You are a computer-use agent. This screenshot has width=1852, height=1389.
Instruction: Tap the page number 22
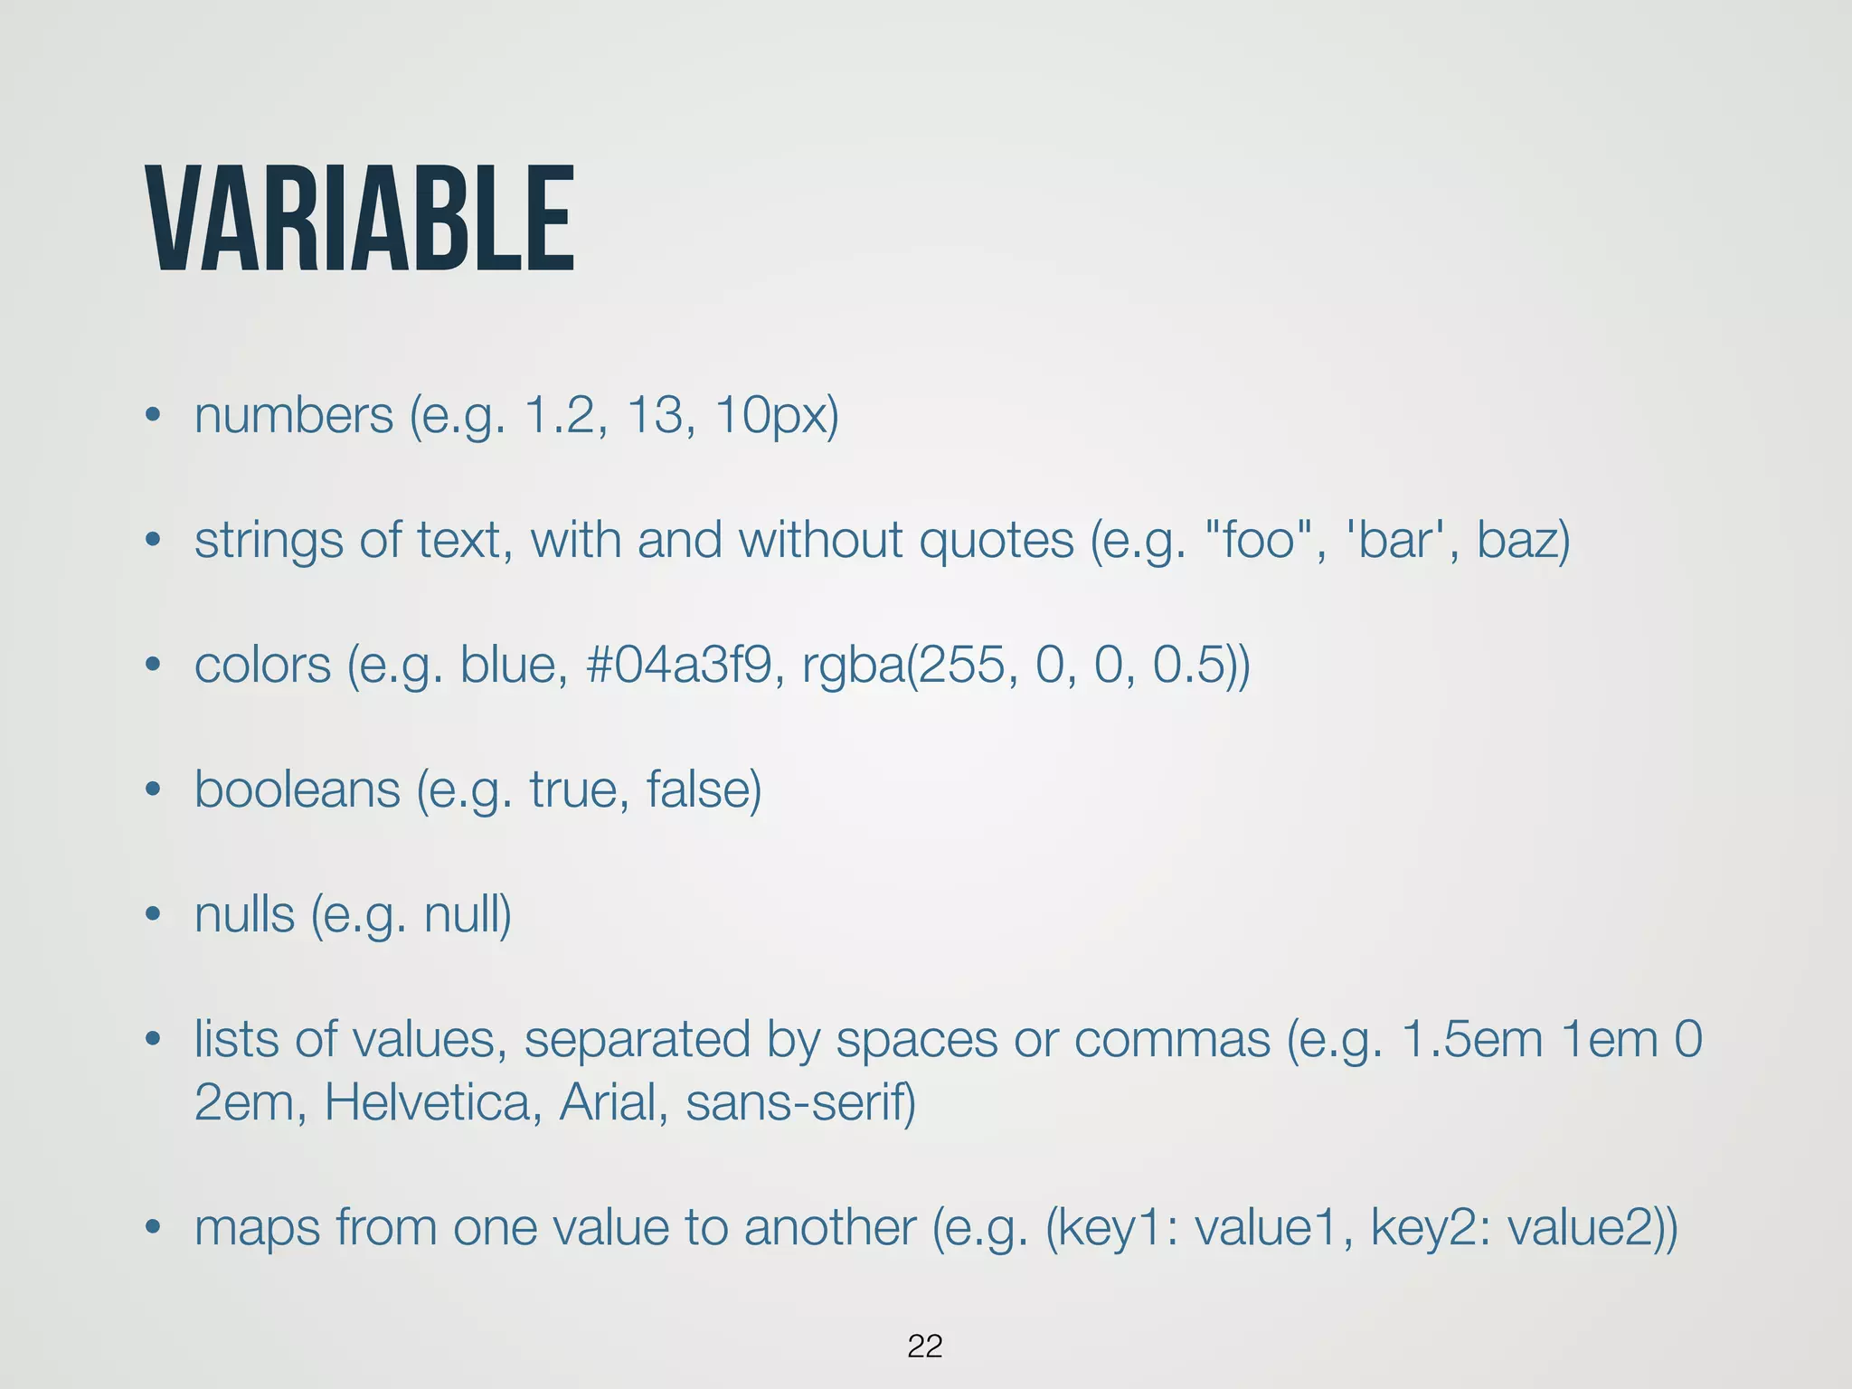pos(924,1346)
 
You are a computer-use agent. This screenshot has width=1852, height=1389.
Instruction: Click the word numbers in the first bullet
pos(294,416)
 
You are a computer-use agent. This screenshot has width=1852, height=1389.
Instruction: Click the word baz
pos(1522,540)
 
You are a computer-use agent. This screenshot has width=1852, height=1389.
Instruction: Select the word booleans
pos(297,789)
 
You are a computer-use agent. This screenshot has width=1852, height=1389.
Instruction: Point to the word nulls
pos(244,914)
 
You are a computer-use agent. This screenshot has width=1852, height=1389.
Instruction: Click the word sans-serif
pos(799,1102)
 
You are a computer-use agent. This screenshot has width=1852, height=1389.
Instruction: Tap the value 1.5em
pos(1471,1039)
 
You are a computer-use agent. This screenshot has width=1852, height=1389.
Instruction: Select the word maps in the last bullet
pos(257,1228)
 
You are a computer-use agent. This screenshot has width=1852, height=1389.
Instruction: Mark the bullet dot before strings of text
pos(153,541)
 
